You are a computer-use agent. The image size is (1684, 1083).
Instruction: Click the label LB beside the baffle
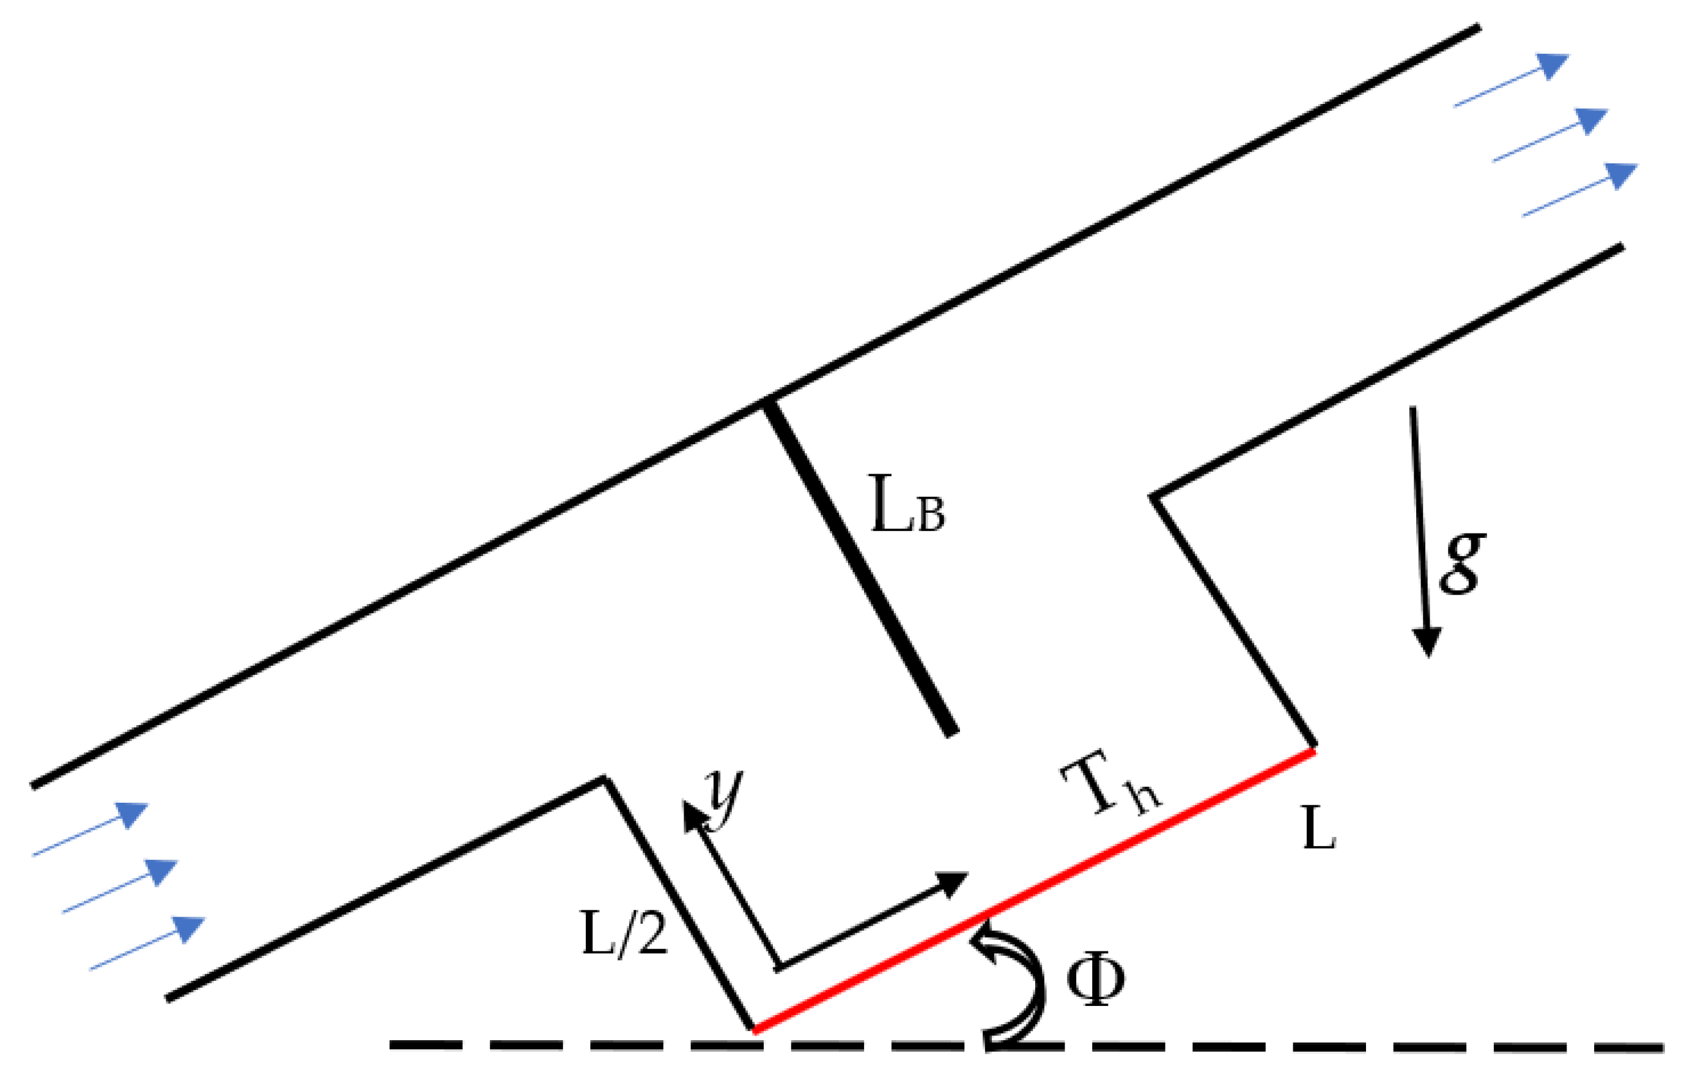907,505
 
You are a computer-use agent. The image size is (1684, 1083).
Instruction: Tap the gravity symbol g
1462,562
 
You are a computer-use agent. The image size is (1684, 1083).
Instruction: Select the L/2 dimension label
624,933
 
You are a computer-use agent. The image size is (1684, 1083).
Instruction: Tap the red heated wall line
1033,891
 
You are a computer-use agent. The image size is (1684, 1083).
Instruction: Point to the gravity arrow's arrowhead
1427,641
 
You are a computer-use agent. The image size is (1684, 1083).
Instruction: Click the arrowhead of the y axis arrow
695,817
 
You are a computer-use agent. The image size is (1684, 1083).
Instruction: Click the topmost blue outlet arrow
1511,80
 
